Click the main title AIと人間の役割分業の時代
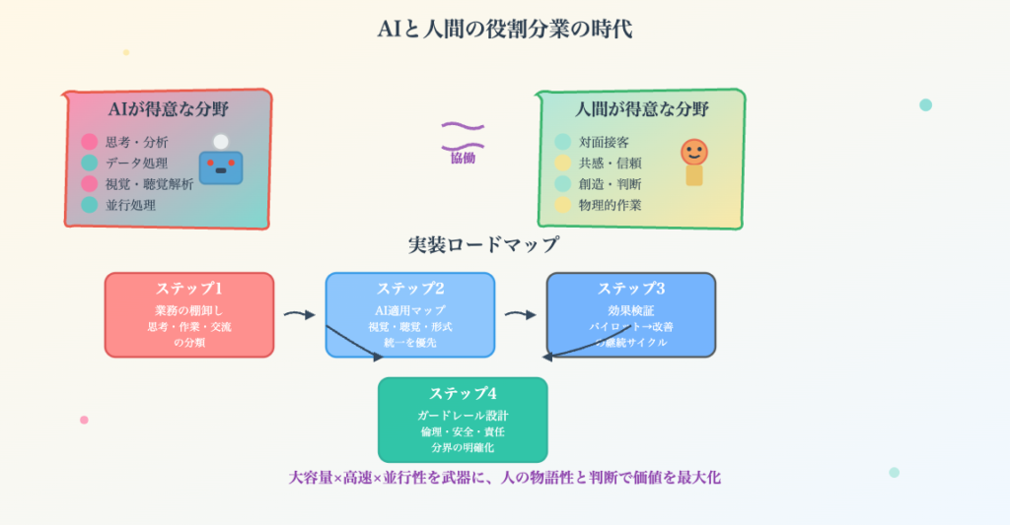(504, 29)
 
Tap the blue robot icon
(220, 164)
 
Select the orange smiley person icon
(694, 161)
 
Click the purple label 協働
(463, 157)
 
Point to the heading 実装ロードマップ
(483, 244)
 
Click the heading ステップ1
(188, 289)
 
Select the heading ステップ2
(410, 289)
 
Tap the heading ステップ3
(631, 289)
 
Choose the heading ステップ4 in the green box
(463, 394)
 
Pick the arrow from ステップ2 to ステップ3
(521, 314)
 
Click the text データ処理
(136, 163)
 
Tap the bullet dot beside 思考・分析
(90, 142)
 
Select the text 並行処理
(131, 205)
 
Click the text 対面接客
(602, 142)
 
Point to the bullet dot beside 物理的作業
(563, 205)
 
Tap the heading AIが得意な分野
(169, 109)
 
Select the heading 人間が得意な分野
(642, 109)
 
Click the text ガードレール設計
(463, 416)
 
